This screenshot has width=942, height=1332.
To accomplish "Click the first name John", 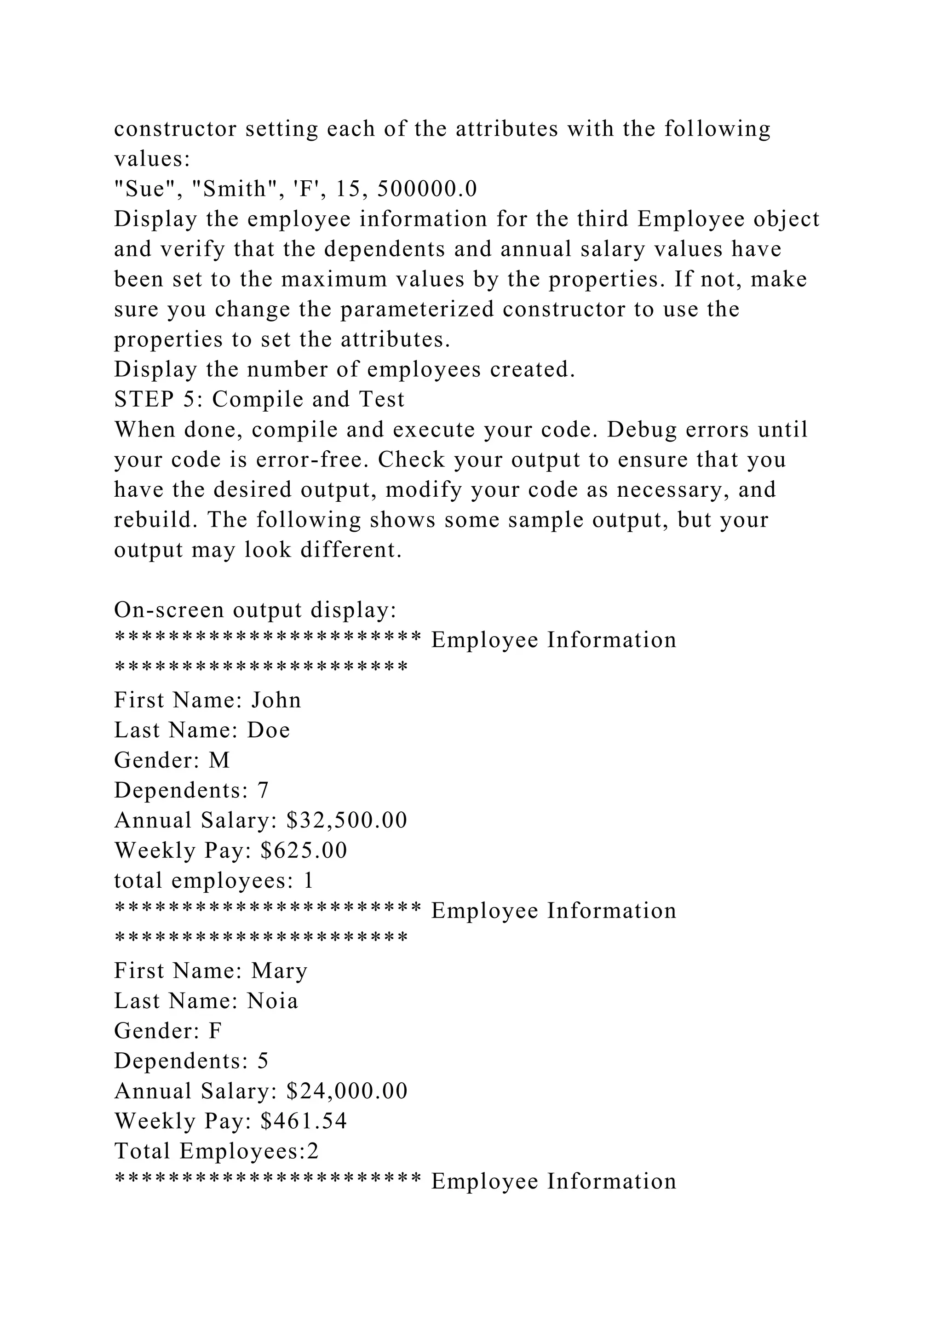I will click(x=276, y=700).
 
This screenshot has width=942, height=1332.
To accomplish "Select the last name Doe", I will click(x=269, y=730).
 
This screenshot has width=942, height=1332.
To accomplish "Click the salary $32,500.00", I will click(x=347, y=821).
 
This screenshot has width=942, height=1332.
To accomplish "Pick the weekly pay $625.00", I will click(x=304, y=851).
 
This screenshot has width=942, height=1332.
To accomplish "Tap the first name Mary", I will click(x=279, y=971).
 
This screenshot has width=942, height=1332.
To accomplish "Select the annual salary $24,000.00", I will click(x=347, y=1091).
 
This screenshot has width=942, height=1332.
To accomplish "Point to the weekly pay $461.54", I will click(x=304, y=1121).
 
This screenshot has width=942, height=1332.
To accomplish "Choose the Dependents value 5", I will click(x=263, y=1062).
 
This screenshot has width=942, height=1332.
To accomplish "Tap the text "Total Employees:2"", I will click(x=216, y=1152).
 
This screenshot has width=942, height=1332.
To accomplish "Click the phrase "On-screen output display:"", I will click(x=255, y=610).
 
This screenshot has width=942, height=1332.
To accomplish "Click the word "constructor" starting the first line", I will click(x=175, y=129).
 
